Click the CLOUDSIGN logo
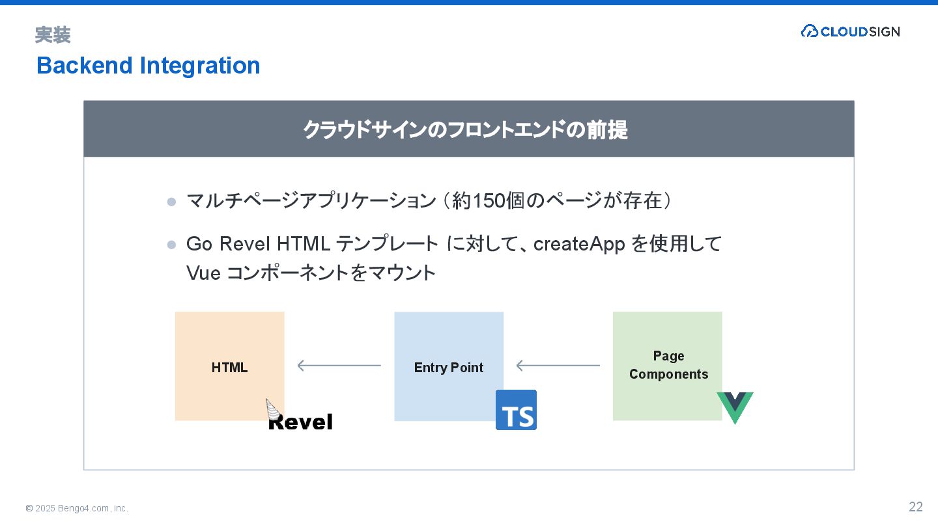coord(850,31)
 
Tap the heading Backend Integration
coord(149,66)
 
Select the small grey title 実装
coord(53,35)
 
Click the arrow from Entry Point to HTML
coord(339,366)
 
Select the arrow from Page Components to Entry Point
coord(558,366)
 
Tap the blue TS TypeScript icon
coord(516,410)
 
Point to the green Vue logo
coord(735,407)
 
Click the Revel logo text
coord(300,422)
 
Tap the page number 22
coord(916,507)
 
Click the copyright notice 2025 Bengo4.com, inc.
coord(77,508)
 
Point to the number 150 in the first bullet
coord(488,201)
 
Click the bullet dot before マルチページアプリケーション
coord(171,202)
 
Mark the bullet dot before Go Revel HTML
coord(171,245)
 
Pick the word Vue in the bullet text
coord(203,273)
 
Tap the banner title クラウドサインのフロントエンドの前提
coord(465,129)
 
